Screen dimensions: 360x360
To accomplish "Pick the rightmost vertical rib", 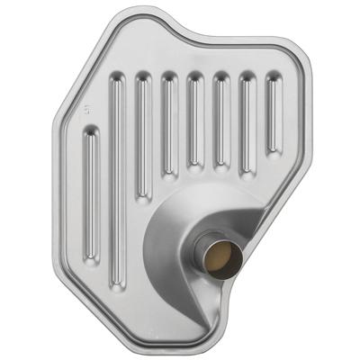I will tap(272, 113).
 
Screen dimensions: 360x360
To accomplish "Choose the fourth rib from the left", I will tap(168, 126).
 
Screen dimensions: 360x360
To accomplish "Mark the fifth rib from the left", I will tap(194, 121).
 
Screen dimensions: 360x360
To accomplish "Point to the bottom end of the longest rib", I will tap(118, 283).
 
